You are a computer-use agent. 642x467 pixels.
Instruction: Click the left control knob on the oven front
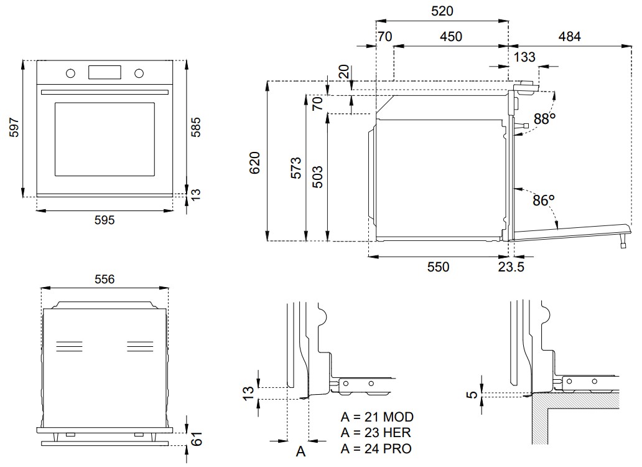click(70, 73)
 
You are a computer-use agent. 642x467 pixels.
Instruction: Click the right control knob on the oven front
click(139, 73)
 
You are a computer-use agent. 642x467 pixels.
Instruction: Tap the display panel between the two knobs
click(105, 72)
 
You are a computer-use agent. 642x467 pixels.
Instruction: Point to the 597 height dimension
click(14, 128)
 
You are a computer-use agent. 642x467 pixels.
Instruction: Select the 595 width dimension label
click(105, 220)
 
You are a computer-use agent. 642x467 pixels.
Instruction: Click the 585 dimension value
click(196, 127)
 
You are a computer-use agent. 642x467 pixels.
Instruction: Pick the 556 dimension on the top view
click(105, 280)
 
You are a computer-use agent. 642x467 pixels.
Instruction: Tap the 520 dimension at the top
click(442, 11)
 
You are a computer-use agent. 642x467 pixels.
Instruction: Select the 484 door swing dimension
click(570, 37)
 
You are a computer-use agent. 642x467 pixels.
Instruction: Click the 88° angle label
click(544, 119)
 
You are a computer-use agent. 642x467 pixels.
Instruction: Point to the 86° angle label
click(543, 200)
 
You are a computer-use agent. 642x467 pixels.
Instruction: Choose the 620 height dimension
click(254, 163)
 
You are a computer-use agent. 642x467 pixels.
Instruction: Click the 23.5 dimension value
click(511, 267)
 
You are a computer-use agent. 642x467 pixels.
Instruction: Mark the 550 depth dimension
click(438, 267)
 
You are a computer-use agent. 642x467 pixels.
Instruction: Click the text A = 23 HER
click(376, 433)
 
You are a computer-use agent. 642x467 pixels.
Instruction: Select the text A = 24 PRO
click(376, 448)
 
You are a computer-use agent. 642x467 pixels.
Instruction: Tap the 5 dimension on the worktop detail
click(472, 395)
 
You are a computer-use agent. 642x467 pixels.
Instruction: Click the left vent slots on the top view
click(69, 346)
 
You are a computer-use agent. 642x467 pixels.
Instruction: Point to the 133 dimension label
click(524, 57)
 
